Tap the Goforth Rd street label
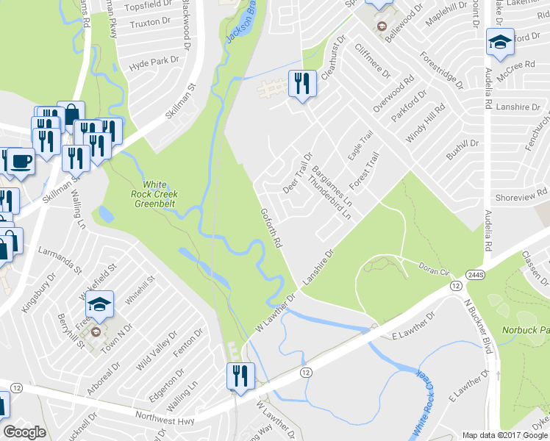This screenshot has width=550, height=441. click(x=271, y=227)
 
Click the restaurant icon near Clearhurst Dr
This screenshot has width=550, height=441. click(x=303, y=85)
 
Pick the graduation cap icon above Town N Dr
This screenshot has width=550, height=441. click(x=100, y=304)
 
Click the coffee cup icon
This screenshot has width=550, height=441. click(x=19, y=161)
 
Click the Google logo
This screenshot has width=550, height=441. click(x=24, y=432)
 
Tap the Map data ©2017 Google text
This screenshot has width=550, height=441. click(x=504, y=435)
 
